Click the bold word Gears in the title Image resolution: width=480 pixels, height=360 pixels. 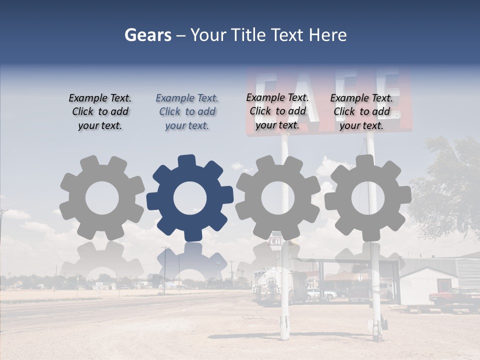[147, 35]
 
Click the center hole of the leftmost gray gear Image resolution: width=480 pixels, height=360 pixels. [102, 198]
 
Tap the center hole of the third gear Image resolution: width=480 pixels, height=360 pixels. [278, 198]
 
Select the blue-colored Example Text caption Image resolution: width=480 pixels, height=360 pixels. [187, 112]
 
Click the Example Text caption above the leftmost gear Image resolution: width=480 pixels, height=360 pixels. [100, 112]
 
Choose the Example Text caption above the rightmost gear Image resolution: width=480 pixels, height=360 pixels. [361, 112]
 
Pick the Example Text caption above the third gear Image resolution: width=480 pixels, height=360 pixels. [277, 111]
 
